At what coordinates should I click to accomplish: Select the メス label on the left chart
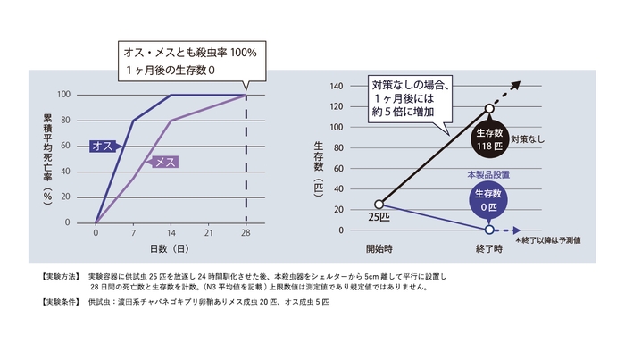click(x=162, y=162)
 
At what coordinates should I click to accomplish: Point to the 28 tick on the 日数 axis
click(x=246, y=232)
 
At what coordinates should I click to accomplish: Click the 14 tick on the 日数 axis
click(x=171, y=232)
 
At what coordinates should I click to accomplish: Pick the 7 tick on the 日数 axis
click(x=133, y=232)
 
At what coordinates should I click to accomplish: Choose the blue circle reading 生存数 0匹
click(x=489, y=200)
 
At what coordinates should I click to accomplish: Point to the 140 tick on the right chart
click(x=337, y=87)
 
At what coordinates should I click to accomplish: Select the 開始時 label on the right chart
click(x=379, y=247)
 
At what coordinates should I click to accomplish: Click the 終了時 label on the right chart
click(x=490, y=247)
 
